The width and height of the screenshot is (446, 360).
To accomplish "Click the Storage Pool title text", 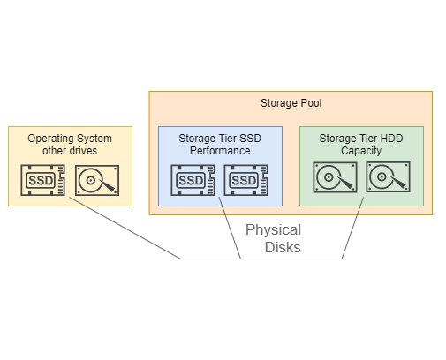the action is [291, 103].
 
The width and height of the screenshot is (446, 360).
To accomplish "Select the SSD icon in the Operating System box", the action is [43, 180].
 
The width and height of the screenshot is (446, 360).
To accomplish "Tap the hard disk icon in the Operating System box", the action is [97, 180].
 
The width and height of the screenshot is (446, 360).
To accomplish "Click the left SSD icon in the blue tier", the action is [193, 180].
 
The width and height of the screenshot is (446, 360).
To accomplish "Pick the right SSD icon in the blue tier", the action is [246, 180].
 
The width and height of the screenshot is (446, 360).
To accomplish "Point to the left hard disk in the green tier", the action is [335, 177].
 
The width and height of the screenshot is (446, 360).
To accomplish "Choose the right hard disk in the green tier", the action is [388, 176].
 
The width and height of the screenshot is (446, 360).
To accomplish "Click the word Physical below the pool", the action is [273, 229].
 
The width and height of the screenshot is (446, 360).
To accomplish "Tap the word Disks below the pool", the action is [283, 247].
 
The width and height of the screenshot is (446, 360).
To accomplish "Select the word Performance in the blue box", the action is [220, 151].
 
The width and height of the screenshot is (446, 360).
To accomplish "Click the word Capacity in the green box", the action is [361, 151].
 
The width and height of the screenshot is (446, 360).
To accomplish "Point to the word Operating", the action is [50, 139].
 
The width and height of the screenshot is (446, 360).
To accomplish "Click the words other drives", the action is [70, 151].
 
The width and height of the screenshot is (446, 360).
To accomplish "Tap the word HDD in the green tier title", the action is [391, 139].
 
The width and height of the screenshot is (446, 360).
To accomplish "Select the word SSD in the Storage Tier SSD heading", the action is [250, 139].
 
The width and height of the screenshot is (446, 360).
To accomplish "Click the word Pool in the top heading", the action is [311, 103].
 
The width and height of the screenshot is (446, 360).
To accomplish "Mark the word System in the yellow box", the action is [94, 139].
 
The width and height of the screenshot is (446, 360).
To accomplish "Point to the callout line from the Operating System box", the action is [125, 228].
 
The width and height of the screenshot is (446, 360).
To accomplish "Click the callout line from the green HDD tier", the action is [352, 228].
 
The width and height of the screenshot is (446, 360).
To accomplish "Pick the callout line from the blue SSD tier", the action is [230, 228].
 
